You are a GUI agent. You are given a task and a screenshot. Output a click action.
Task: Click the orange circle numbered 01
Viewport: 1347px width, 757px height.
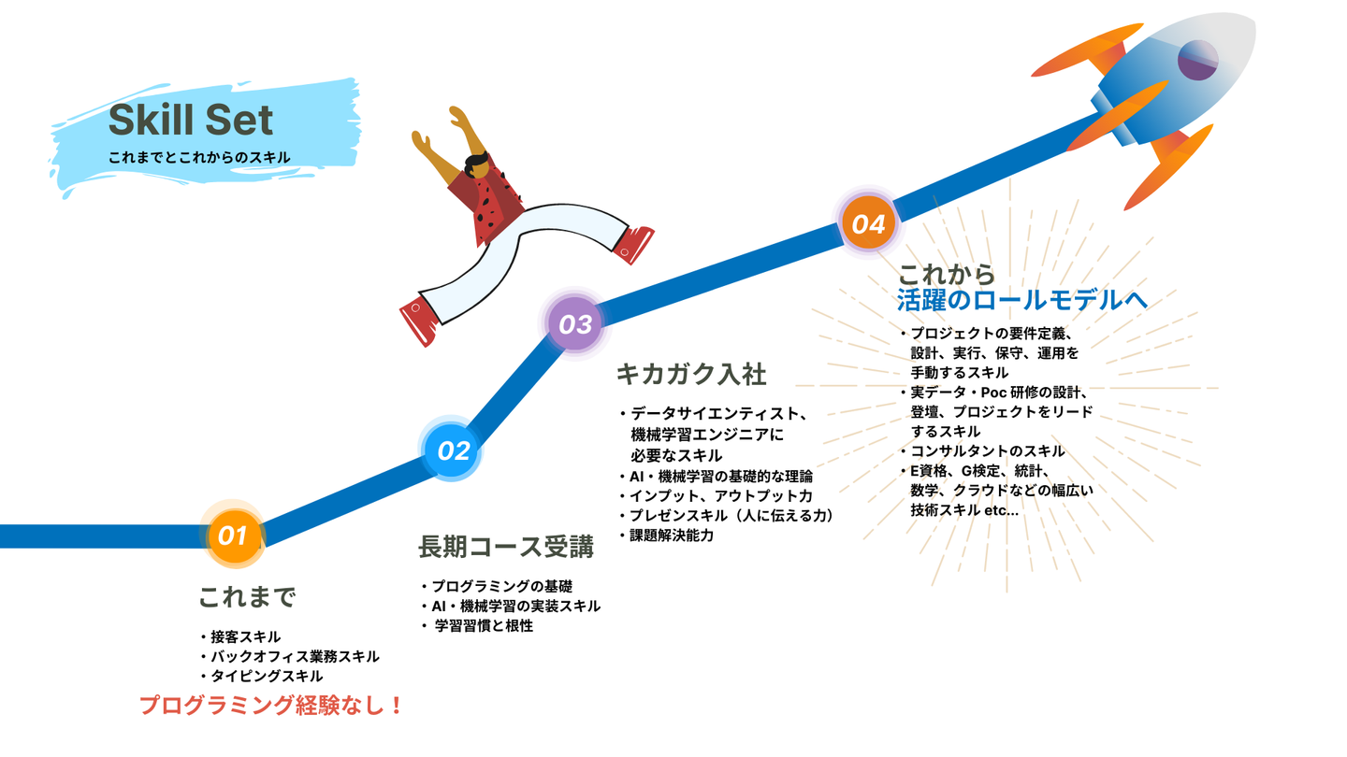point(235,536)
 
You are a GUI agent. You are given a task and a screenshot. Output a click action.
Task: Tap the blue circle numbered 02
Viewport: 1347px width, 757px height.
point(451,450)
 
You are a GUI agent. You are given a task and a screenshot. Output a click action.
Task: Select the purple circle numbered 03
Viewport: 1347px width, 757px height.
point(575,323)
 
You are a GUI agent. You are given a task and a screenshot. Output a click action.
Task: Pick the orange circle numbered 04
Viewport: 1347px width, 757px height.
point(868,222)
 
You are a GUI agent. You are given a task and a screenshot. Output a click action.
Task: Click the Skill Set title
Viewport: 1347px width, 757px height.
point(191,120)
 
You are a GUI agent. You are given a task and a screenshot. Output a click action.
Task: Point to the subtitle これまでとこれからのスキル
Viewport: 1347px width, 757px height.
point(199,157)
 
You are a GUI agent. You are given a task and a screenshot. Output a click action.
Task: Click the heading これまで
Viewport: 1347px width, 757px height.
point(247,596)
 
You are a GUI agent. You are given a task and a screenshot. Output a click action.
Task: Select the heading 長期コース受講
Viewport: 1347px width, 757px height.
point(506,547)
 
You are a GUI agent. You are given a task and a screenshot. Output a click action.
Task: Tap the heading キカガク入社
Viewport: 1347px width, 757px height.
point(691,374)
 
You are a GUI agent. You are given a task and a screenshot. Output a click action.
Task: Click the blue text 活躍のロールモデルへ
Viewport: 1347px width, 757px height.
point(1021,300)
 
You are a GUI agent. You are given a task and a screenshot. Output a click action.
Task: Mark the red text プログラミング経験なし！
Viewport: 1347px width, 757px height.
point(270,705)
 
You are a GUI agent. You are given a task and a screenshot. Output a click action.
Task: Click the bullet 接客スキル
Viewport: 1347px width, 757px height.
point(241,636)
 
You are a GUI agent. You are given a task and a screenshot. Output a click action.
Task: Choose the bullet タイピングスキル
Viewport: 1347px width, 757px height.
point(262,676)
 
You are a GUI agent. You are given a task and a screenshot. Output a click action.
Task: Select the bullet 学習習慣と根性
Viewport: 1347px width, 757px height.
point(477,625)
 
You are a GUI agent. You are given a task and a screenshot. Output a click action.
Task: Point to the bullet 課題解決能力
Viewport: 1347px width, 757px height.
point(667,535)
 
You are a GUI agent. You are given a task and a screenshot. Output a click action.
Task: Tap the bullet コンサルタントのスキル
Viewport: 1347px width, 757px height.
point(982,450)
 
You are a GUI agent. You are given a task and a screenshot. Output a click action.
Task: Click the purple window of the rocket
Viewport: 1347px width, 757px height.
point(1197,60)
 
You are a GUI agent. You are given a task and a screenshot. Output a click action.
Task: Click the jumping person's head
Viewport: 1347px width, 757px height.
point(477,165)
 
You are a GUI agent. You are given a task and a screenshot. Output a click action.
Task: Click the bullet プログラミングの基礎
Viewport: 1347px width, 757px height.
point(498,586)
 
